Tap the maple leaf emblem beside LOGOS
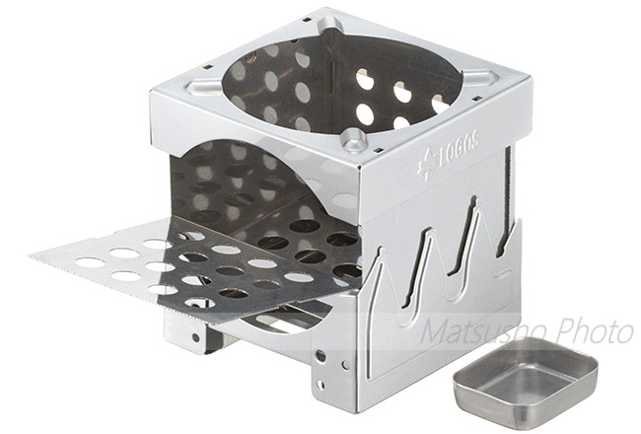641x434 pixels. [426, 168]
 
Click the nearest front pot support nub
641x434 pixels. [354, 141]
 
